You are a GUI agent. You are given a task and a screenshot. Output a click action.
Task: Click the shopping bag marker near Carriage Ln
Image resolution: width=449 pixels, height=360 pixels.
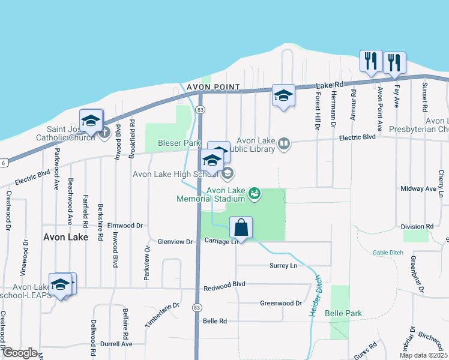coord(241,228)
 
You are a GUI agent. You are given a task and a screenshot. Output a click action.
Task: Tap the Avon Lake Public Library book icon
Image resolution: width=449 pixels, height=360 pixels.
coord(284,143)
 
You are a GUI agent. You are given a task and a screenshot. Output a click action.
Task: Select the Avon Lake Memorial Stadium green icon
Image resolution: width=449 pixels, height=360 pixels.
coord(255,193)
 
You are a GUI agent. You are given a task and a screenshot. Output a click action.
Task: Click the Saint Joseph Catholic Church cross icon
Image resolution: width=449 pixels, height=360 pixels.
coord(104,131)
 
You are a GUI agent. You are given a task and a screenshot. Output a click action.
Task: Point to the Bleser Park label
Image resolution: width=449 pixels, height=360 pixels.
coord(178,143)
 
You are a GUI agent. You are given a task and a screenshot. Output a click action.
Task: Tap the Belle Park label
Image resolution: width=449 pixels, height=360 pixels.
coord(343,313)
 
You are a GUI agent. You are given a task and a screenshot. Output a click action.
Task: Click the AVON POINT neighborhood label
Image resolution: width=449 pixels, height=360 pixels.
coord(213,87)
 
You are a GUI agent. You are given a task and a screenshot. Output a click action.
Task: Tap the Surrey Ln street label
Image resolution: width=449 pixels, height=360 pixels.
coord(285,265)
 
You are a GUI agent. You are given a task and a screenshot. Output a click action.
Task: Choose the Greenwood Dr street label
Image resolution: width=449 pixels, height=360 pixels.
coord(281,303)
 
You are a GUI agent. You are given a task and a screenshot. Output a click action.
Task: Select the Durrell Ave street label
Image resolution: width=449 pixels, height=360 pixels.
coord(116,344)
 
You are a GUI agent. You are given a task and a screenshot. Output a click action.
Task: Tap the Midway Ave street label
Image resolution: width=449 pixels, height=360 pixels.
coord(418,188)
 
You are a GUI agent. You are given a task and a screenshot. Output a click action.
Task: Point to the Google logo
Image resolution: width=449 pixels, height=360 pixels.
coord(20,353)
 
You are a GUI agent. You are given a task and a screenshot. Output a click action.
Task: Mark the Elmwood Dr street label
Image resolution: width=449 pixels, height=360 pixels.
coord(125,226)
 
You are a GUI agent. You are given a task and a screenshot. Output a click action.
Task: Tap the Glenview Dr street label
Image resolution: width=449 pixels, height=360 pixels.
coord(175,242)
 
